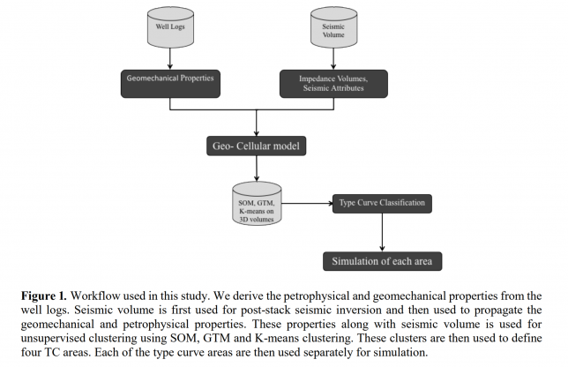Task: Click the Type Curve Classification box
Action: point(381,204)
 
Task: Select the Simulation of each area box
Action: point(381,261)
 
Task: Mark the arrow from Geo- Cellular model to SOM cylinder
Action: point(257,169)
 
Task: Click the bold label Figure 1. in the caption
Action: point(47,294)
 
